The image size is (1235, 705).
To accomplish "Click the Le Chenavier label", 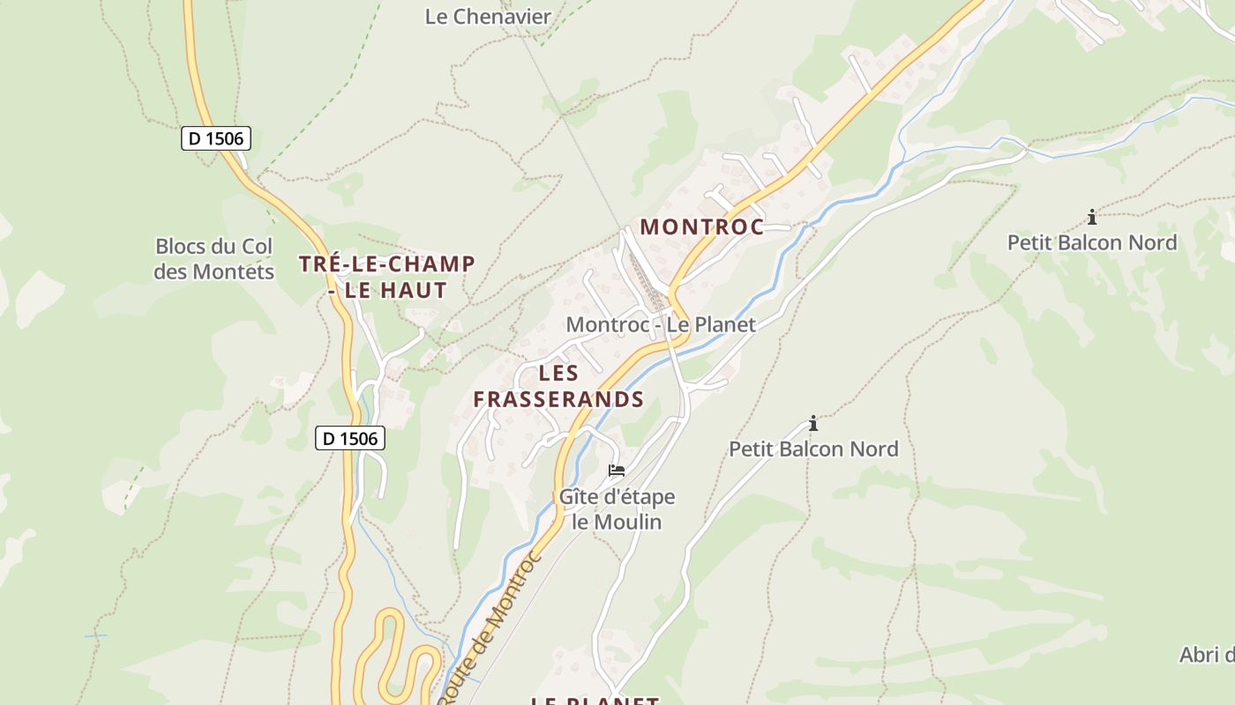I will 488,16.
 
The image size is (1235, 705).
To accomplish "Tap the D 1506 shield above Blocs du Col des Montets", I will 216,138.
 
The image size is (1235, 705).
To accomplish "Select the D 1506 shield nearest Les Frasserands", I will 350,438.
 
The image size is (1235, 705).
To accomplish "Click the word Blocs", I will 183,247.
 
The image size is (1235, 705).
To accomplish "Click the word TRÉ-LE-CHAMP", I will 386,263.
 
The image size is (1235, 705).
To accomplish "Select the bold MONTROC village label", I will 701,226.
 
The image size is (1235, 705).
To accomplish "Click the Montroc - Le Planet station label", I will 661,324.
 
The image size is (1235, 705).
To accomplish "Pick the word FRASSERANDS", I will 558,399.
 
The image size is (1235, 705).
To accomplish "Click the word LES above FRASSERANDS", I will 558,373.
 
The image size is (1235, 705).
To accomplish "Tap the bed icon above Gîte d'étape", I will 617,471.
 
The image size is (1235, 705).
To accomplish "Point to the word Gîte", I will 580,497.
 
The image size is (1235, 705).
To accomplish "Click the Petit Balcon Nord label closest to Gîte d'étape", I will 813,449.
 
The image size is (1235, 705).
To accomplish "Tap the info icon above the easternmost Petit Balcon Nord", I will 1092,217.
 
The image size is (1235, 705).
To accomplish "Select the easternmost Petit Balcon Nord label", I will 1092,242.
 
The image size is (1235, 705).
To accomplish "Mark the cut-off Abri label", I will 1207,655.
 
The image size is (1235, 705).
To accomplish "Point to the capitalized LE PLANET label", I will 595,701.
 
